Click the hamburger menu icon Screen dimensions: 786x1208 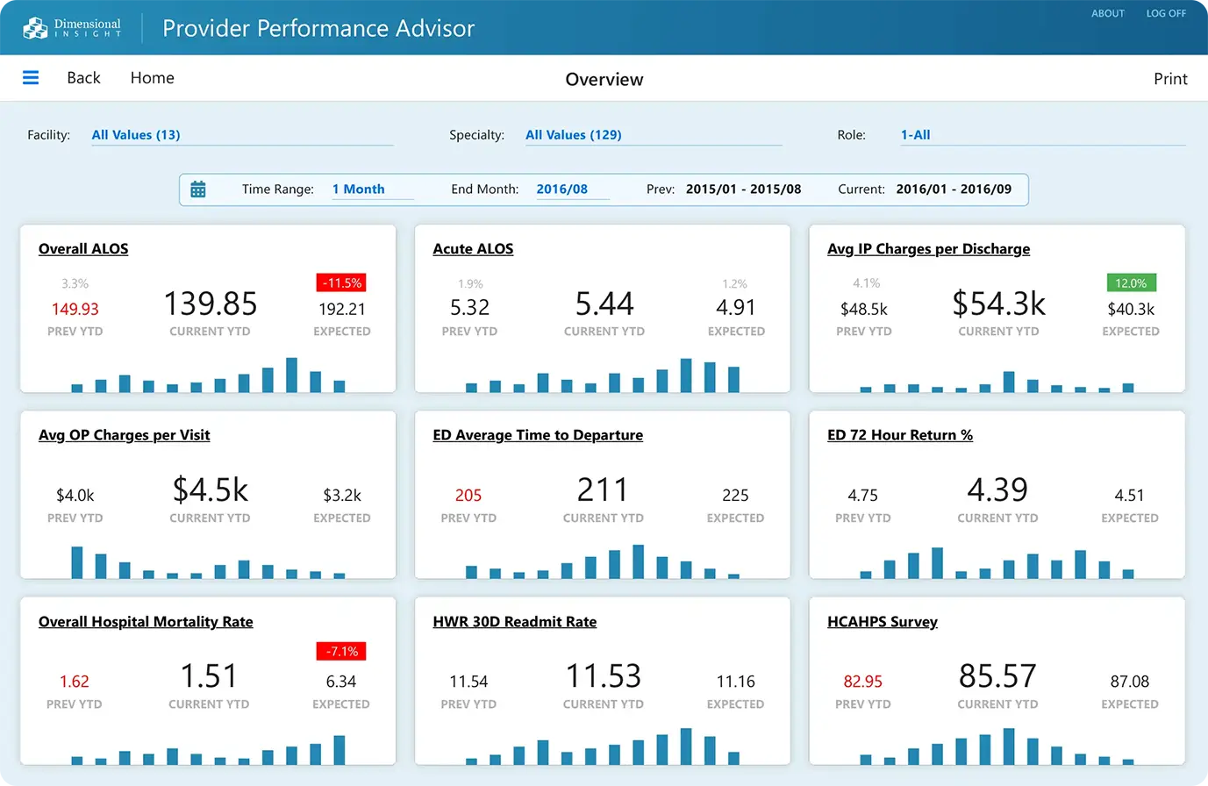pos(31,78)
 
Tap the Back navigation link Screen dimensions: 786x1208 pos(83,78)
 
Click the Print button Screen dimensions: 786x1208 pos(1170,79)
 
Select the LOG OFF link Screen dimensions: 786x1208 pos(1166,13)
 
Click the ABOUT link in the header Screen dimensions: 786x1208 pos(1108,13)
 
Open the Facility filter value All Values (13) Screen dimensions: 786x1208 pos(136,135)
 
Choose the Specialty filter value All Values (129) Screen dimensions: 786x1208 pos(574,135)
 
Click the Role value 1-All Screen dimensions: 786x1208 pos(915,135)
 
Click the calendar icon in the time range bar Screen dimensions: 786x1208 pos(198,189)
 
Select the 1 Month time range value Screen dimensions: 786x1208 pos(359,189)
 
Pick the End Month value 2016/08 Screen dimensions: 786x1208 pos(562,189)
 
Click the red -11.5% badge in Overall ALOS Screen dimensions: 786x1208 pos(341,283)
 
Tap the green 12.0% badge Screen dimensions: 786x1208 pos(1131,283)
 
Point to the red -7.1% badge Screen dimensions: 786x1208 pos(341,652)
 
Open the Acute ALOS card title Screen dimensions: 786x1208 pos(473,249)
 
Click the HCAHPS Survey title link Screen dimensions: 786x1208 pos(882,622)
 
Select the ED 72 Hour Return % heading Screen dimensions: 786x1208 pos(899,435)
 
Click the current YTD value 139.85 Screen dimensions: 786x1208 pos(211,304)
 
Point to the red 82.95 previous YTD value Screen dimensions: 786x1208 pos(863,682)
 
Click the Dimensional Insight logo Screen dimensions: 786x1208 pos(72,28)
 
